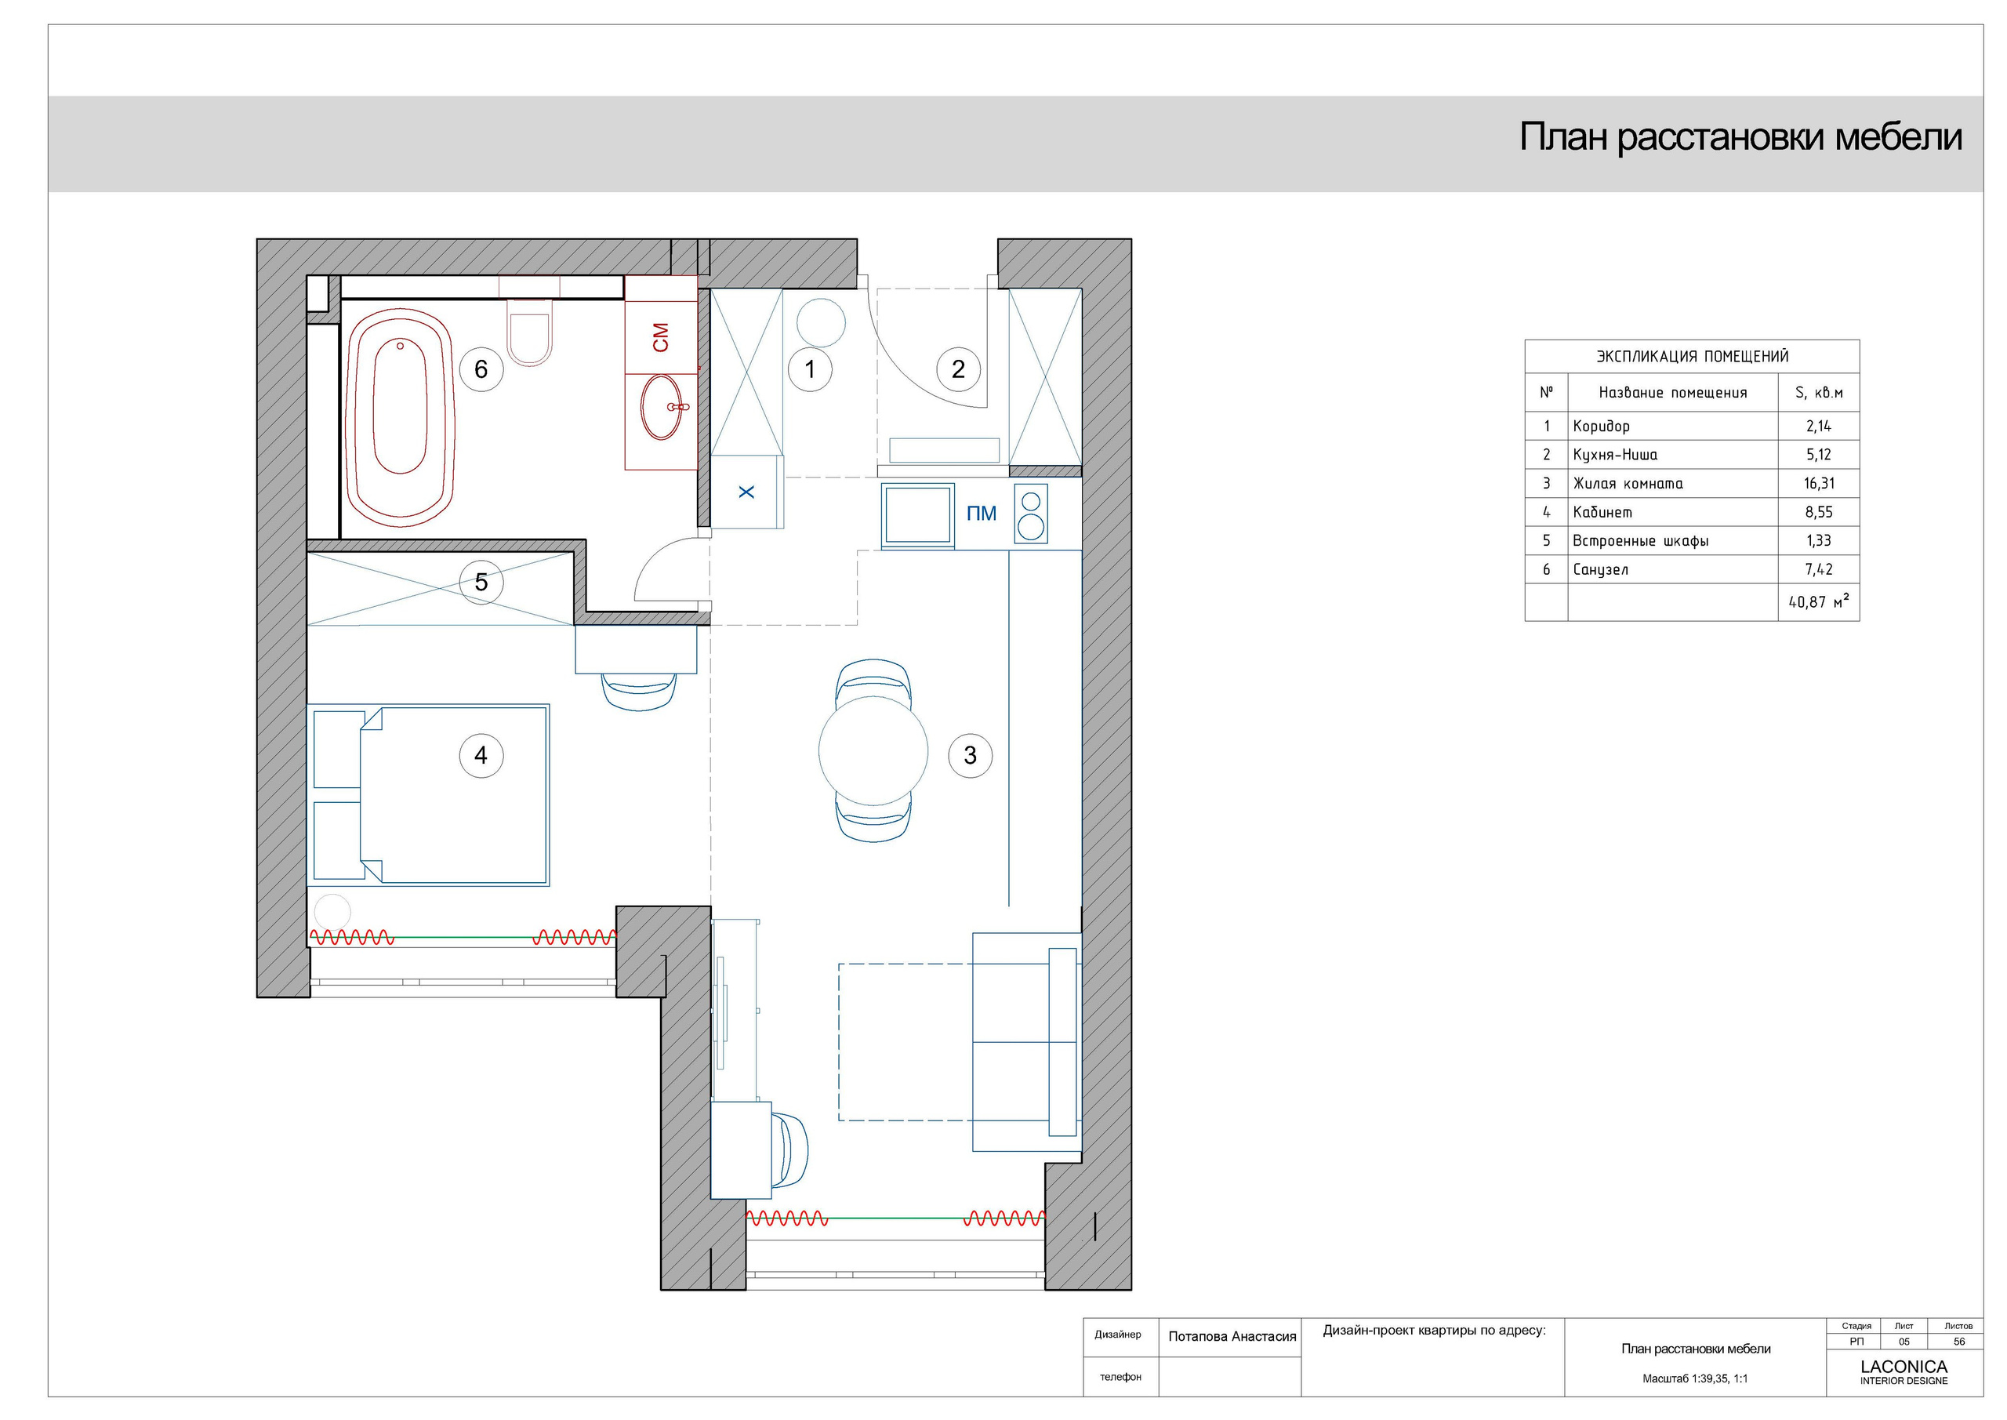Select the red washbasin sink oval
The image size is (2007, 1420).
(662, 407)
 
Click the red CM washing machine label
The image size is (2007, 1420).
(661, 337)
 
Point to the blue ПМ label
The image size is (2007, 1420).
(981, 514)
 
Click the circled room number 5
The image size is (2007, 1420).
(481, 583)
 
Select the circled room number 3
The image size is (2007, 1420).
(970, 755)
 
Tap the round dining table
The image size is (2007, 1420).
(873, 751)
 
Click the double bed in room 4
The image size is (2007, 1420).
(455, 795)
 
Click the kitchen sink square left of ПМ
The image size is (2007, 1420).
(917, 515)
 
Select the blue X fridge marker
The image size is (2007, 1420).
(746, 492)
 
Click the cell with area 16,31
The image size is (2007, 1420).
(1818, 484)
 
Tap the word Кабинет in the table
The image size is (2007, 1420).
(1602, 512)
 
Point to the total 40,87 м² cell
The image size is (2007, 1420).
(1818, 601)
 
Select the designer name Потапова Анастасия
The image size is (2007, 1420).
(1232, 1337)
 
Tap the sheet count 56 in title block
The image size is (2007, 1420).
(1958, 1342)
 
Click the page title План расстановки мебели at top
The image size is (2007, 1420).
(1740, 138)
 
